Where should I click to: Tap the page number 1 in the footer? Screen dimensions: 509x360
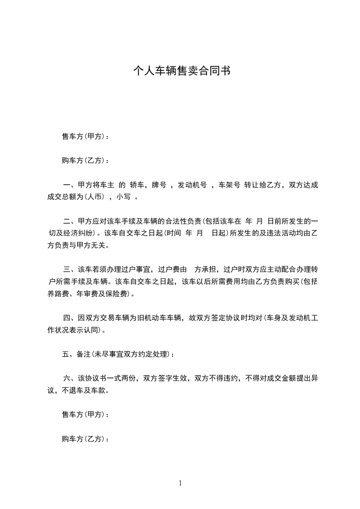[x=180, y=483]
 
